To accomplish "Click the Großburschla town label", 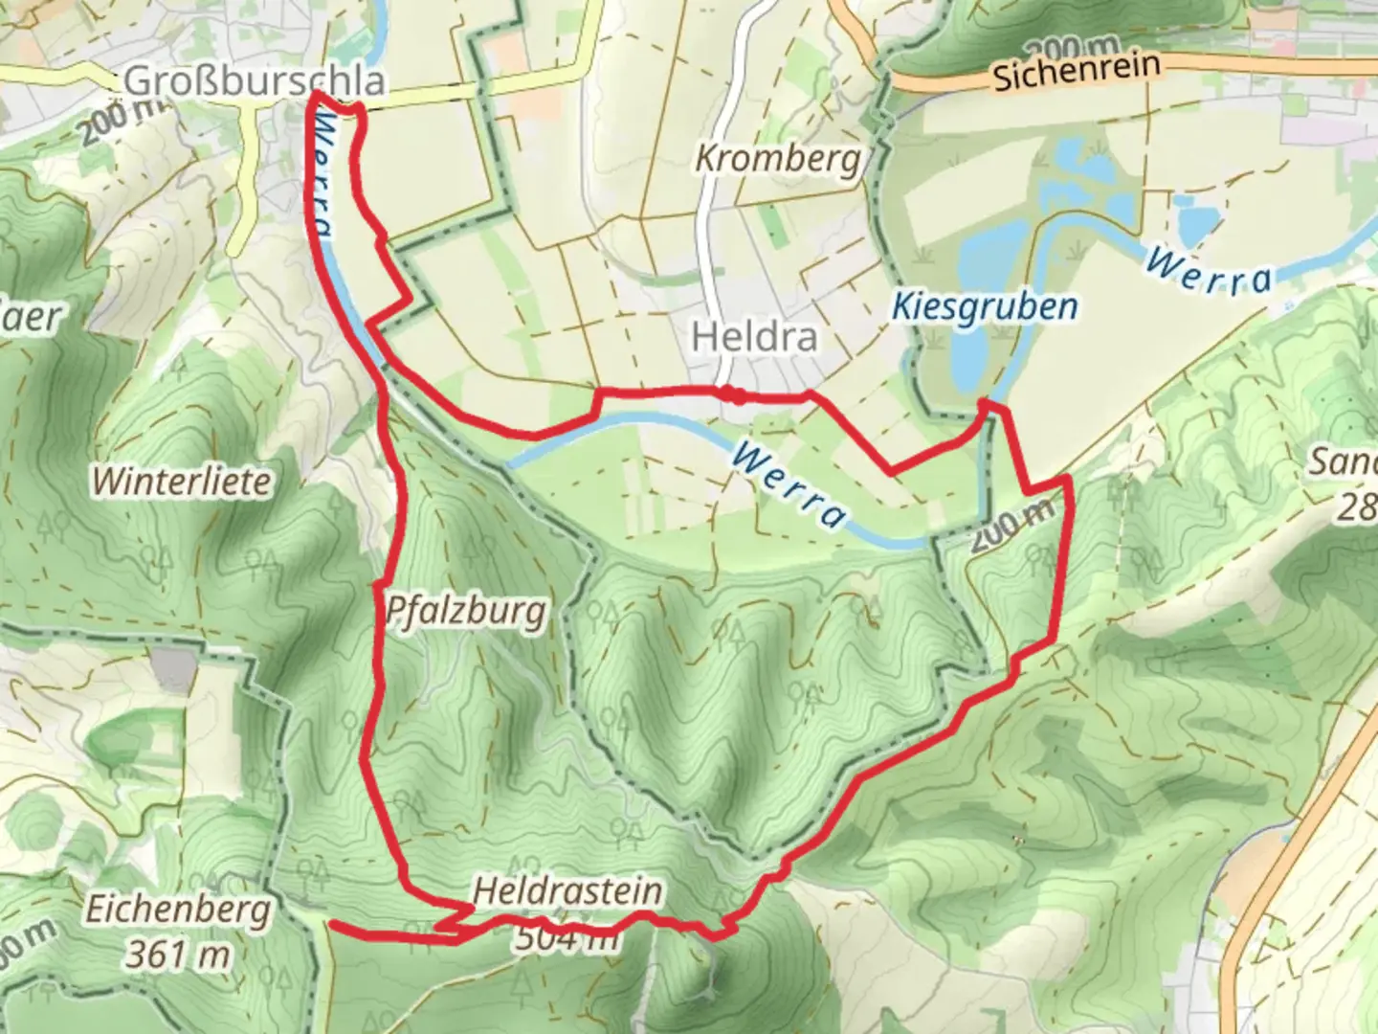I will [255, 81].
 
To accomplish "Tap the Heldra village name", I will [755, 337].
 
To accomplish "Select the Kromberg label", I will [777, 158].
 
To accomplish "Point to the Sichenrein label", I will [1077, 72].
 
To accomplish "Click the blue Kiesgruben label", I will [985, 306].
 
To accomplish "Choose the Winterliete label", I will [182, 482].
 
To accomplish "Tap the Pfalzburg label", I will [466, 611].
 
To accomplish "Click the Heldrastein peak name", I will [567, 891].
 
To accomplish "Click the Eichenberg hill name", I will [178, 910].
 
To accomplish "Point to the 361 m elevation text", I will [178, 955].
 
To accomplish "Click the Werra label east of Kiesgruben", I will [1211, 271].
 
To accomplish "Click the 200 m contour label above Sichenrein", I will [1069, 47].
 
